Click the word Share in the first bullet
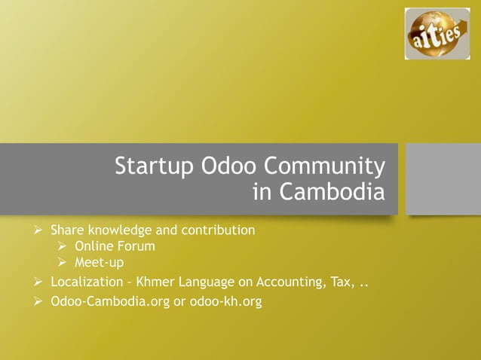pos(67,230)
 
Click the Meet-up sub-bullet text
pos(99,262)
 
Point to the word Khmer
pos(155,283)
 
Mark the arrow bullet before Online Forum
pos(63,246)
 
